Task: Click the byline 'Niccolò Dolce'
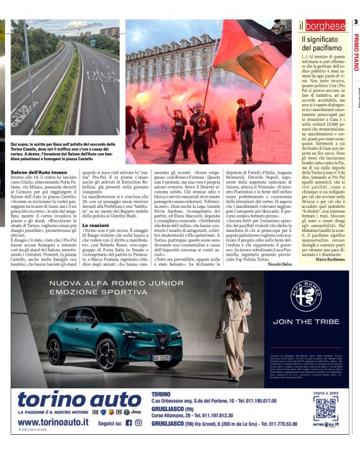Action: pyautogui.click(x=279, y=264)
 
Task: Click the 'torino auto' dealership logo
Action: pyautogui.click(x=80, y=401)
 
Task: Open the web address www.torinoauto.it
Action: pyautogui.click(x=52, y=422)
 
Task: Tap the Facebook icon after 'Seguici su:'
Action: pyautogui.click(x=128, y=423)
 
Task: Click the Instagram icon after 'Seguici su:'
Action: pyautogui.click(x=138, y=423)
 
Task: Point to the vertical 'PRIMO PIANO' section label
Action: pyautogui.click(x=356, y=52)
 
